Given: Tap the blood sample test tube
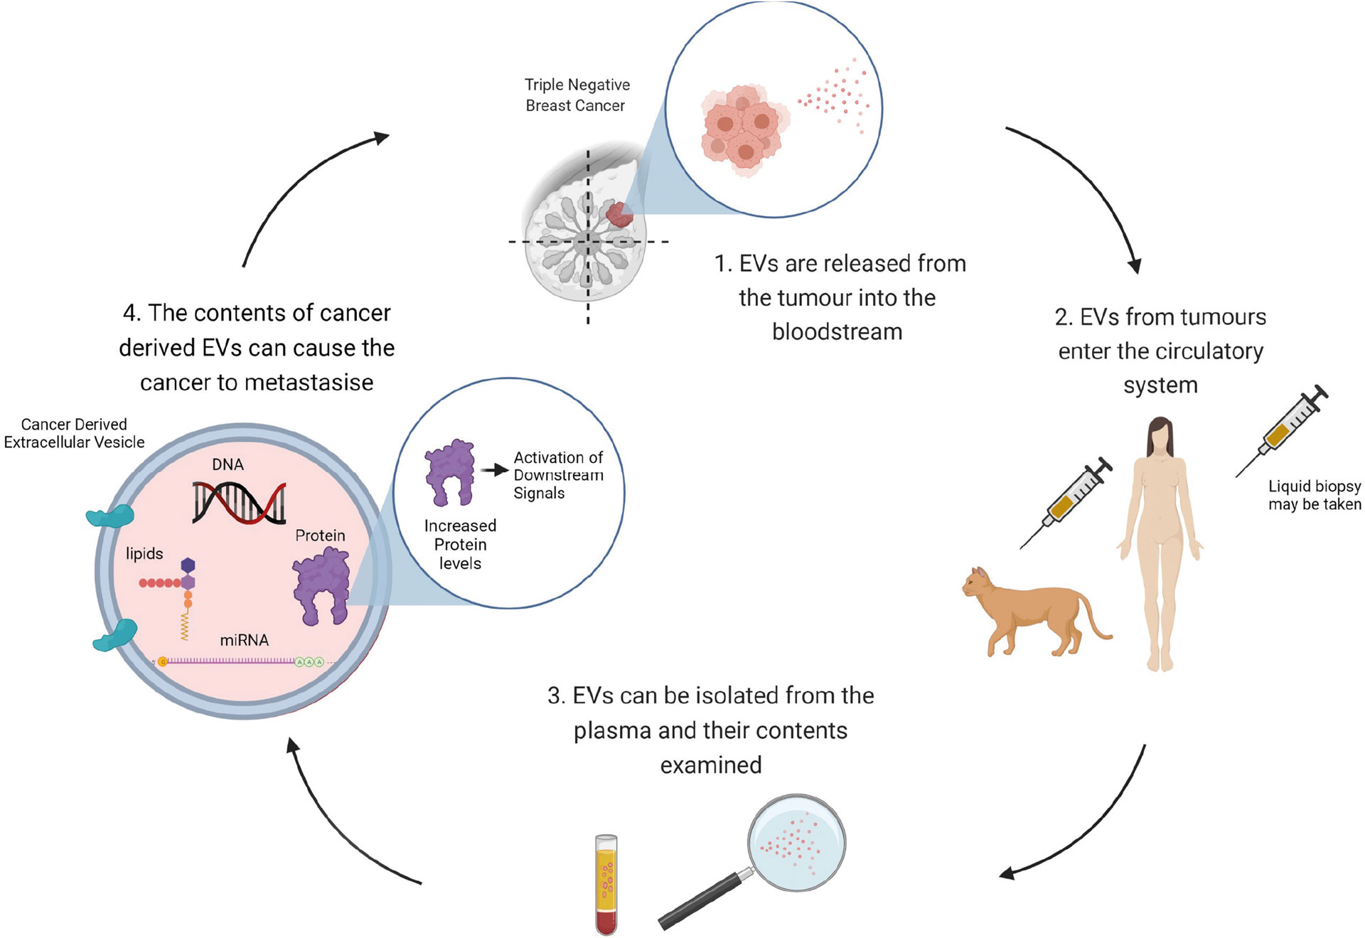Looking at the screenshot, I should [606, 884].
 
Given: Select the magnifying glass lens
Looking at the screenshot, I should [796, 843].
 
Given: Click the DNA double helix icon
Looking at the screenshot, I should [239, 502].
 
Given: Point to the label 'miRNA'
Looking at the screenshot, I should [244, 640].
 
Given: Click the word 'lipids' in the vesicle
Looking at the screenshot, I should [144, 553].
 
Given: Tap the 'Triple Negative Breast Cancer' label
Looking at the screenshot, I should [577, 95].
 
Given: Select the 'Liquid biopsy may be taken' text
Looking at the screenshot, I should [1315, 495].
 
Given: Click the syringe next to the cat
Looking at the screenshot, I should [1066, 502].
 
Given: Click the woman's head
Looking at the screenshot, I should [1160, 435].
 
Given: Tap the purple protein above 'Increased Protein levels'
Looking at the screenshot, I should [449, 471].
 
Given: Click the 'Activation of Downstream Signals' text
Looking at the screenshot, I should [558, 475].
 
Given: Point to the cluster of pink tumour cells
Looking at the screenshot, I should [743, 131].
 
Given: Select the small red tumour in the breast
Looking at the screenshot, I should [619, 214].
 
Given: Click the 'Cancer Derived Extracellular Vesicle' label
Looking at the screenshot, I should [74, 433].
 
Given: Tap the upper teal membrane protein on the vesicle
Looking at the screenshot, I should [110, 516].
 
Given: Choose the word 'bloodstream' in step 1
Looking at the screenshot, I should [837, 331].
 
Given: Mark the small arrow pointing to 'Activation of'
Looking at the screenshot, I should [494, 470].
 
